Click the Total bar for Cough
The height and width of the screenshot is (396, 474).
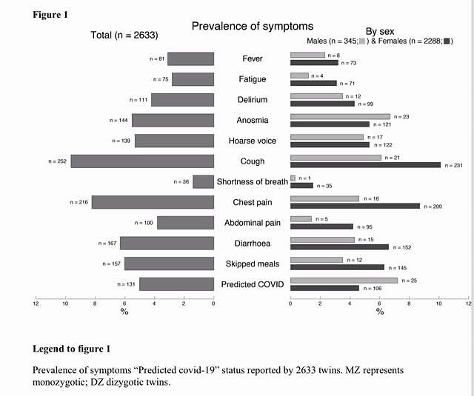[x=142, y=161]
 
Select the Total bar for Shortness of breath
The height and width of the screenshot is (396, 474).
[x=203, y=181]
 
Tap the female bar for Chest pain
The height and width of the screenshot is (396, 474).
[x=355, y=206]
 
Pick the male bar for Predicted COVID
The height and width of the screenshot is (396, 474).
[x=344, y=281]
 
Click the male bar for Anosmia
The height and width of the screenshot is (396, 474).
[x=340, y=116]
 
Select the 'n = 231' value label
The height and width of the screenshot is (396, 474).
[x=453, y=165]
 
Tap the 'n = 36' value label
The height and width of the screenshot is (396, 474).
[x=181, y=181]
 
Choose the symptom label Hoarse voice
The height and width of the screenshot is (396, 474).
[x=252, y=141]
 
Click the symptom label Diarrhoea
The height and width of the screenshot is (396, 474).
[x=252, y=244]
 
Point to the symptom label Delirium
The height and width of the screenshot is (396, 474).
[x=253, y=100]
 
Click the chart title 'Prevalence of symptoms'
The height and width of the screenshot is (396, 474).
[x=252, y=27]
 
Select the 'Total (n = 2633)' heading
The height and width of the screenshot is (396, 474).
[x=124, y=35]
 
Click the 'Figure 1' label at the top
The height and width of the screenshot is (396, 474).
[x=52, y=14]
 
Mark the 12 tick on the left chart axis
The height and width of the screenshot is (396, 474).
[x=36, y=303]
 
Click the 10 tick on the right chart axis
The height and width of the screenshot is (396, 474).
[x=439, y=303]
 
